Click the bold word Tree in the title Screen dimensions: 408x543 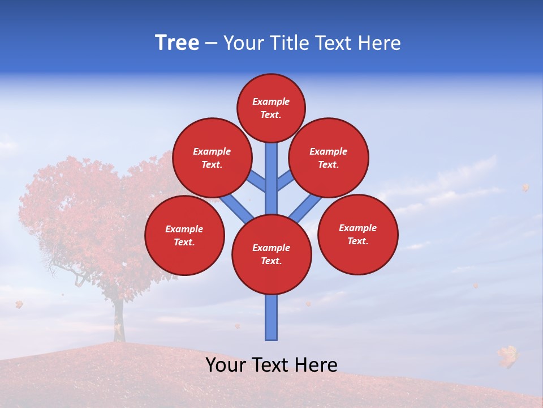click(177, 42)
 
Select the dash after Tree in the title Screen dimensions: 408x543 click(211, 44)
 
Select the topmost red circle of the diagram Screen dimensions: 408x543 click(271, 108)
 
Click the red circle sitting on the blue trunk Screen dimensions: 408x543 click(271, 254)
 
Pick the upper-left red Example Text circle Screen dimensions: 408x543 click(212, 158)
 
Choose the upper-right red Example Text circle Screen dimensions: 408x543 click(329, 158)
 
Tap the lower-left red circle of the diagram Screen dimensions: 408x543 click(184, 235)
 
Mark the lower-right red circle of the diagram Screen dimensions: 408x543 click(357, 234)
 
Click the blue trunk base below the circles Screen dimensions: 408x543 click(271, 317)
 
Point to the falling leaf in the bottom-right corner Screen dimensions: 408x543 click(507, 356)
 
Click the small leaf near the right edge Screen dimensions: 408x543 click(525, 188)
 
